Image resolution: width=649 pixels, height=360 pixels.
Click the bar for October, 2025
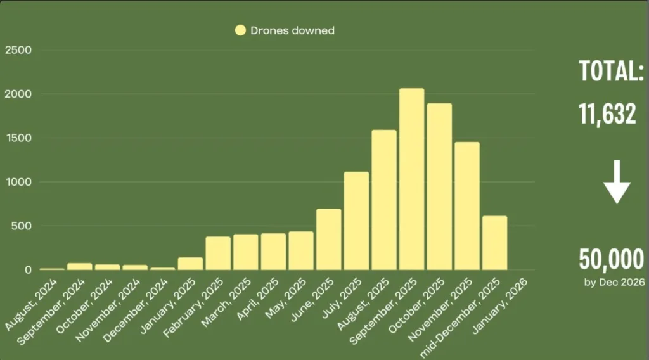[x=439, y=187]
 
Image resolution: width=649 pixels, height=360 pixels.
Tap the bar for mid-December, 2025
[x=494, y=243]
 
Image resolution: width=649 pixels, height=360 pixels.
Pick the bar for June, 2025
[x=328, y=240]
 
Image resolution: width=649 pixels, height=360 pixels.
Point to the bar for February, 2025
[x=218, y=254]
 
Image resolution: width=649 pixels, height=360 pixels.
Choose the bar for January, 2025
[x=190, y=264]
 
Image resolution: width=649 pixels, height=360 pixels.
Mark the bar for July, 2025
[x=356, y=221]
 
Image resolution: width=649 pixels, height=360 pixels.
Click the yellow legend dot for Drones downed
[x=240, y=30]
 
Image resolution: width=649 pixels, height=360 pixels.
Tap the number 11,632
[x=607, y=114]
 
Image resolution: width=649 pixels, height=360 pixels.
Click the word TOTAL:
[x=612, y=71]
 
